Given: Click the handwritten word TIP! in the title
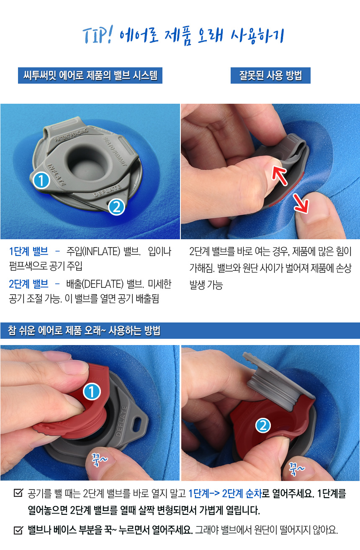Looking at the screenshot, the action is (98, 35).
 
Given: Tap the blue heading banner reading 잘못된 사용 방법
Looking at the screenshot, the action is (270, 75).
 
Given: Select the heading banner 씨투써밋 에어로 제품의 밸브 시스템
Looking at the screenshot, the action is (90, 75).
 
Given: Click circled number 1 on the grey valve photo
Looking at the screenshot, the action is (41, 180).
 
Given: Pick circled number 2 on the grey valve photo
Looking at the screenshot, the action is (116, 207).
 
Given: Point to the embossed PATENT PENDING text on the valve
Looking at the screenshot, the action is (71, 135).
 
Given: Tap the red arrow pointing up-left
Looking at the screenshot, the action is (279, 174).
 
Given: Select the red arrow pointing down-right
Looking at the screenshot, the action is (300, 203).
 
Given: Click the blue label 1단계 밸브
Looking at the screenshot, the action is (28, 251).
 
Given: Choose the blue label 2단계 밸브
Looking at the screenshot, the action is (28, 284).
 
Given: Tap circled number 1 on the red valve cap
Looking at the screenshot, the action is (92, 392).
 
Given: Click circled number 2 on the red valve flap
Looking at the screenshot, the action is (263, 425).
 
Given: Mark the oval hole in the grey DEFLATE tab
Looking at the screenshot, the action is (136, 424).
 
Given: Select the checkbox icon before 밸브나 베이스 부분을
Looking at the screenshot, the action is (18, 530).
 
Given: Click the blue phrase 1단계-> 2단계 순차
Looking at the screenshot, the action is (225, 493).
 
